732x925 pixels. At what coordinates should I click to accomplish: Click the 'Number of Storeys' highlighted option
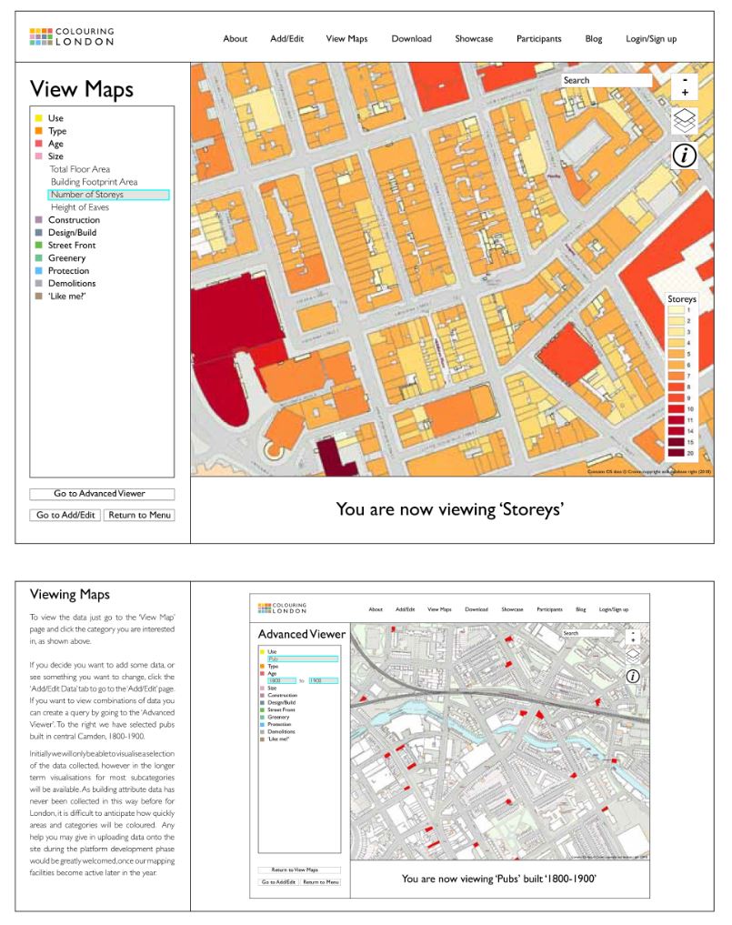[108, 195]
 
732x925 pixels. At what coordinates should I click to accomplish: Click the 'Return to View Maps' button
[299, 870]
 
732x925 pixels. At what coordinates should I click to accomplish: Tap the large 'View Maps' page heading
[82, 89]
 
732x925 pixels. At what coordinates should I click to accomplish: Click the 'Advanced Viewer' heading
[301, 634]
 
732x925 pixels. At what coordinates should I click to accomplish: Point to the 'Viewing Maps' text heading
[70, 595]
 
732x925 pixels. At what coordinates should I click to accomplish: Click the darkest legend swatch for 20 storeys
[676, 452]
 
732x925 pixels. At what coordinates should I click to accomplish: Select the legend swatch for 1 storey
[676, 310]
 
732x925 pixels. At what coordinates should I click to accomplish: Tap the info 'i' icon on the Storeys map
[684, 156]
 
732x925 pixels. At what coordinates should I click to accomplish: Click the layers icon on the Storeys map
[684, 120]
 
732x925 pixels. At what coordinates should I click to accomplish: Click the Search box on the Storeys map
[607, 80]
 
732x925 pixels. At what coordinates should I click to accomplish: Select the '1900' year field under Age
[323, 680]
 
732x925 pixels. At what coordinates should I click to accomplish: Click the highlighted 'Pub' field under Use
[302, 659]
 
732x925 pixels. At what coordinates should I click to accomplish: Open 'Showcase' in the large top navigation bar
[474, 38]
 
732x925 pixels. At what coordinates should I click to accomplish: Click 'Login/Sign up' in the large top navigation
[651, 38]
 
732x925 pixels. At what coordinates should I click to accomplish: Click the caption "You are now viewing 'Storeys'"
[450, 508]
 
